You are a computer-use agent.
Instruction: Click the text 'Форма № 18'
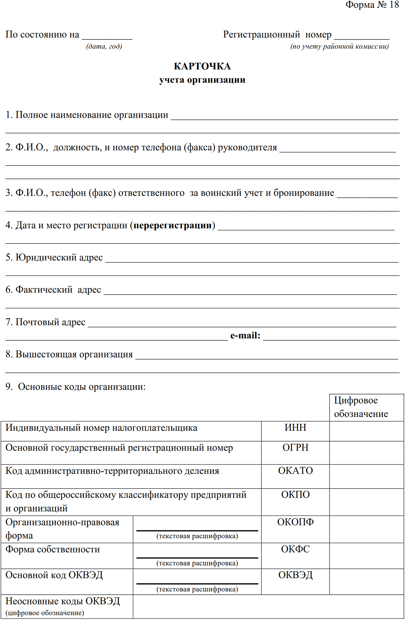[372, 5]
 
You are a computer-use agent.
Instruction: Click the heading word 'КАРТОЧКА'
[202, 66]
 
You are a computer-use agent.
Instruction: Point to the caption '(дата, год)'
[104, 46]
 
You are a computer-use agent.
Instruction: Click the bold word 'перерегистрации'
[173, 225]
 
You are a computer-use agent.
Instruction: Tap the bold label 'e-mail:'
[245, 335]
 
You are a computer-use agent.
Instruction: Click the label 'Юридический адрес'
[59, 257]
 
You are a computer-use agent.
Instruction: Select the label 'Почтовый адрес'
[50, 322]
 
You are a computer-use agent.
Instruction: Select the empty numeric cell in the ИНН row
[366, 431]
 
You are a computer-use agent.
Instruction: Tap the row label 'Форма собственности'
[53, 549]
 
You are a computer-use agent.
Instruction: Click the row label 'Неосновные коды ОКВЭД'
[63, 601]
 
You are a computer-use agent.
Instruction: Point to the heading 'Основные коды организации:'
[81, 387]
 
